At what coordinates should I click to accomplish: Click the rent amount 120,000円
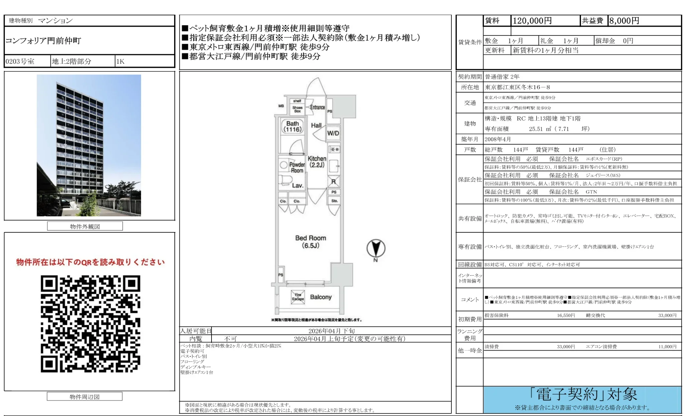click(x=532, y=21)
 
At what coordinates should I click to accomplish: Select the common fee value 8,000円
click(x=624, y=21)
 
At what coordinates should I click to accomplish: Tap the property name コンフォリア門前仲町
click(x=43, y=41)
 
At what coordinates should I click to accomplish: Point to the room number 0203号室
click(x=20, y=61)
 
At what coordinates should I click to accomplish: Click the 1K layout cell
click(x=120, y=61)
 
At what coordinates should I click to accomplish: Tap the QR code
click(x=90, y=324)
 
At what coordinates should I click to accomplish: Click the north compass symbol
click(x=376, y=249)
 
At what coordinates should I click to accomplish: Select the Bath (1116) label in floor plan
click(x=292, y=127)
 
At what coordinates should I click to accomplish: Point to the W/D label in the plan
click(x=333, y=133)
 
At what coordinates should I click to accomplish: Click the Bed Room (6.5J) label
click(x=310, y=242)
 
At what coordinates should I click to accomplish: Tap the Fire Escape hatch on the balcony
click(x=298, y=297)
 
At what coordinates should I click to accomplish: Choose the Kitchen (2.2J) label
click(x=317, y=162)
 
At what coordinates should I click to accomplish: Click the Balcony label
click(x=320, y=297)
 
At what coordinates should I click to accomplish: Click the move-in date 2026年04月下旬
click(x=331, y=331)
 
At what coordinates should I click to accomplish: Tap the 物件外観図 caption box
click(x=85, y=226)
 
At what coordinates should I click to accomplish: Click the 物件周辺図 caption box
click(x=85, y=397)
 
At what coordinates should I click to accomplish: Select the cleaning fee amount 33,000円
click(x=566, y=347)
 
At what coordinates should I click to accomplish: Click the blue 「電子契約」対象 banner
click(x=582, y=400)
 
